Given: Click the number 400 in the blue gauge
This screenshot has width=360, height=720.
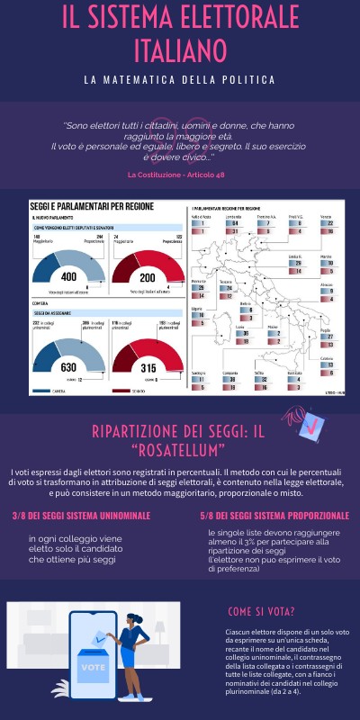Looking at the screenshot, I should (67, 278).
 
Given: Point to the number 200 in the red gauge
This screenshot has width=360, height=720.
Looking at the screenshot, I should (148, 278).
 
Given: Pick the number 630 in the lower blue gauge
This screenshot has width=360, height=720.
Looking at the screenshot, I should (67, 367).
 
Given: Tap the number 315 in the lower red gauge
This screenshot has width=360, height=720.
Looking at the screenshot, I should (148, 367).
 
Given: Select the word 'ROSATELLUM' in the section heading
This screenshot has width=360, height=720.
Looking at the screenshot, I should (180, 449).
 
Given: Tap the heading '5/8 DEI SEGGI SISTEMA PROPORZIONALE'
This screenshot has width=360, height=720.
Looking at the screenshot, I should (274, 517).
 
